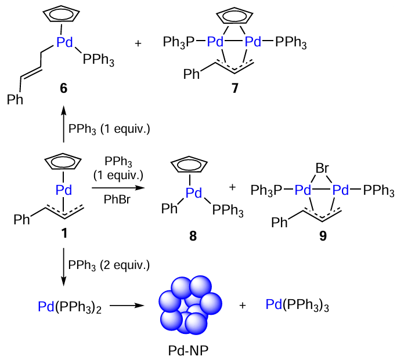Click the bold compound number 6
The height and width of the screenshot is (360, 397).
pyautogui.click(x=63, y=88)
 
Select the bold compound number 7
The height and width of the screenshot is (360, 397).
pyautogui.click(x=235, y=88)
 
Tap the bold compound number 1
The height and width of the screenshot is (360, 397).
pyautogui.click(x=64, y=233)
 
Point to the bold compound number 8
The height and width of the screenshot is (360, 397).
pyautogui.click(x=193, y=236)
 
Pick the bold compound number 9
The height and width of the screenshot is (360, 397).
pyautogui.click(x=323, y=236)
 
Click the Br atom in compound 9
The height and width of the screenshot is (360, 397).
pyautogui.click(x=322, y=168)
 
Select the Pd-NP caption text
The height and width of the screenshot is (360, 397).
pyautogui.click(x=188, y=351)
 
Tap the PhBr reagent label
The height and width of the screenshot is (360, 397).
pyautogui.click(x=117, y=200)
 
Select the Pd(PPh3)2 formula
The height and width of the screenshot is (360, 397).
pyautogui.click(x=70, y=307)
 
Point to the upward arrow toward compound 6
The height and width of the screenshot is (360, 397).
pyautogui.click(x=63, y=124)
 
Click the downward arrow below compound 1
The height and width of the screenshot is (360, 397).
pyautogui.click(x=63, y=267)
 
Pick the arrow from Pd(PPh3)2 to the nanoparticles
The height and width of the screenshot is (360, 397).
pyautogui.click(x=127, y=306)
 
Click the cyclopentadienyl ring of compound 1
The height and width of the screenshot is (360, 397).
pyautogui.click(x=63, y=161)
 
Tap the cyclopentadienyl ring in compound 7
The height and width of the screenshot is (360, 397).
pyautogui.click(x=234, y=14)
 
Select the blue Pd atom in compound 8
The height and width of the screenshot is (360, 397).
pyautogui.click(x=194, y=193)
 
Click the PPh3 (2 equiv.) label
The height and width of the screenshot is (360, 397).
pyautogui.click(x=109, y=266)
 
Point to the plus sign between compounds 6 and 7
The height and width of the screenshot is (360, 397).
pyautogui.click(x=138, y=43)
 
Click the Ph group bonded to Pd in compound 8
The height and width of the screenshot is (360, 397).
pyautogui.click(x=169, y=209)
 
